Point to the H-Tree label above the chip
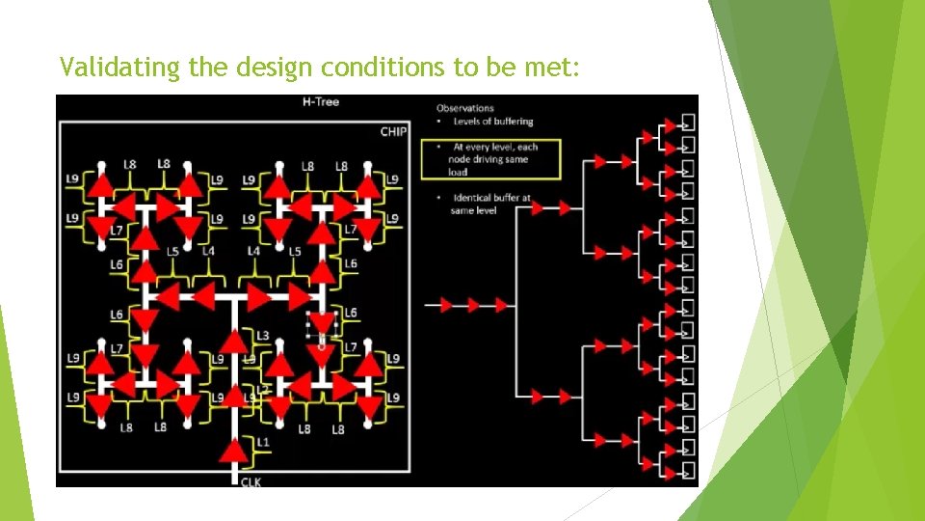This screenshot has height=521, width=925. coord(321,101)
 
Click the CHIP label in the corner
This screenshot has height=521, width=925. coord(393,132)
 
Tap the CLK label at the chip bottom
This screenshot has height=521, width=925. coord(250,481)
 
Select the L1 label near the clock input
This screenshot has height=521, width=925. coord(263,442)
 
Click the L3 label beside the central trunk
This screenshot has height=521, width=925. coord(262,335)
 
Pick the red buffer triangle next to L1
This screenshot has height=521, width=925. coord(233,451)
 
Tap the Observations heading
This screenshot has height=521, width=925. coord(465,108)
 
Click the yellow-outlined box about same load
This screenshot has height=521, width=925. coord(490,159)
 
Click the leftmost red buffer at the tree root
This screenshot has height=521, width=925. coord(445,306)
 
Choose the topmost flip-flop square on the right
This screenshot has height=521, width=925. coord(688,123)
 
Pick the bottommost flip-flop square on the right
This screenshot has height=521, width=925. coord(688,471)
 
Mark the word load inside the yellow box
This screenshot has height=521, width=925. coord(459,172)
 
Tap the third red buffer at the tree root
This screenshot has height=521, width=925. coord(501,306)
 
